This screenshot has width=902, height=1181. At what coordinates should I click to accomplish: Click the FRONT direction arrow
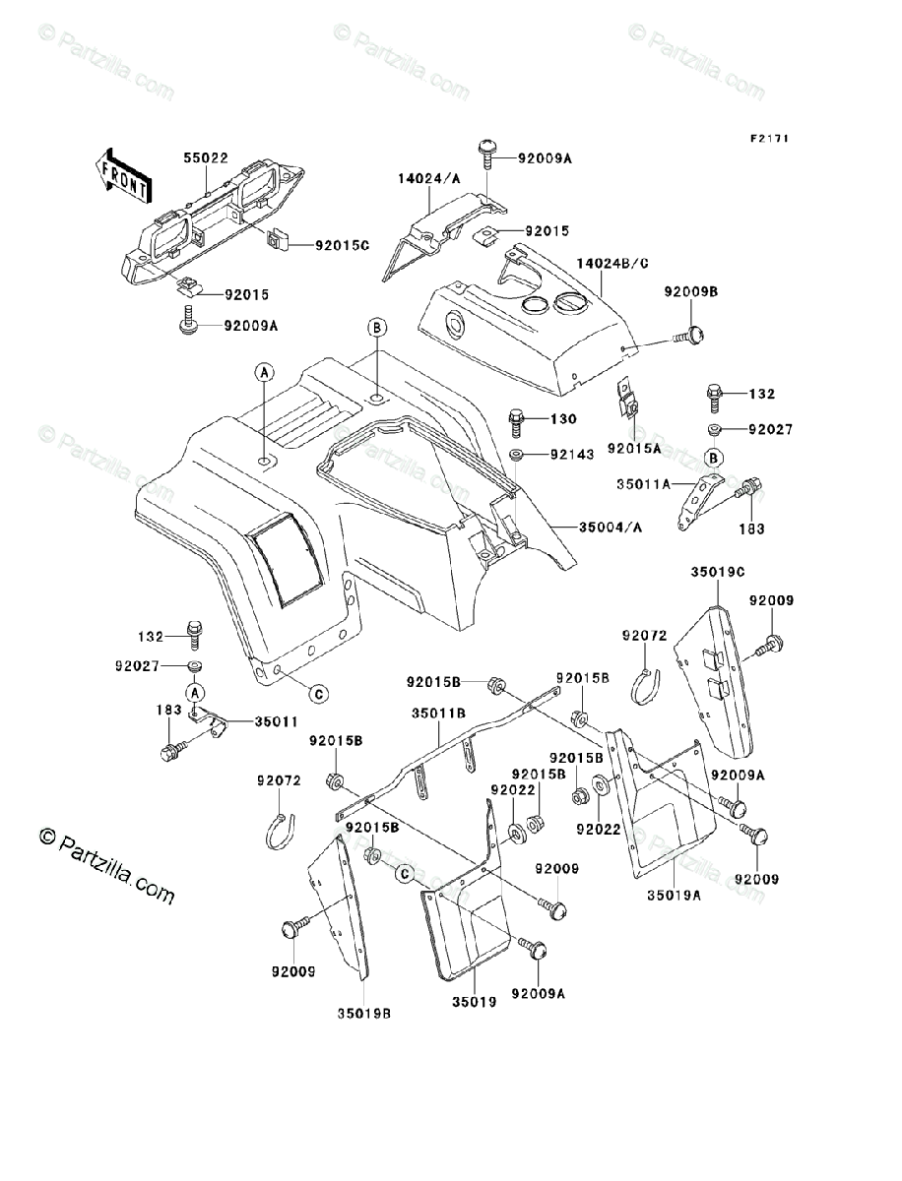tap(123, 176)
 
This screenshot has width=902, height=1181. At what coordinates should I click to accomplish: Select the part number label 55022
tap(206, 157)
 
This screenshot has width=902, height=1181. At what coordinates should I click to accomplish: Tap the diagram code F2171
tap(770, 139)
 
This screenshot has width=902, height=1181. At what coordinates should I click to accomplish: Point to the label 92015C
tap(343, 245)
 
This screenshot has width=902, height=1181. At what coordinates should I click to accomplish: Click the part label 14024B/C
tap(612, 264)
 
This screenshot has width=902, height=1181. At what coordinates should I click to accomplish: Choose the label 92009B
tap(691, 291)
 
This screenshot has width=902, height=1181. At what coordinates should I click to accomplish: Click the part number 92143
tap(572, 455)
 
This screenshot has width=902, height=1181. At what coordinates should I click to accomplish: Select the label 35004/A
tap(611, 528)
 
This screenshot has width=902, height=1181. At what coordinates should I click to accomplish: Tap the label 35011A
tap(644, 484)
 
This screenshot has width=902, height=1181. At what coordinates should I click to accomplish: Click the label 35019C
tap(718, 572)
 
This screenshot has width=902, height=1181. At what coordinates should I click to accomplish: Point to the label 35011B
tap(438, 714)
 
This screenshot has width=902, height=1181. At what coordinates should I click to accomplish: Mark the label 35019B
tap(364, 1015)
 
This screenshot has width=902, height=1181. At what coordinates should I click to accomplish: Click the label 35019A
tap(674, 896)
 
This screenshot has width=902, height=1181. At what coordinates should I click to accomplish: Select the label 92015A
tap(634, 448)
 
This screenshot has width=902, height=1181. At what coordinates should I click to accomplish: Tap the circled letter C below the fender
tap(319, 694)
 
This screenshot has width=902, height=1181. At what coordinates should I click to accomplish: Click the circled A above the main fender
tap(264, 372)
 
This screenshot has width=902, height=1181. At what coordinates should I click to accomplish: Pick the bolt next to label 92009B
tap(688, 337)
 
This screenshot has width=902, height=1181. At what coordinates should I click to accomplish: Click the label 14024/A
tap(429, 179)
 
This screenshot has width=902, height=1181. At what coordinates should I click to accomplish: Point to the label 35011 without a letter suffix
tap(276, 721)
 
